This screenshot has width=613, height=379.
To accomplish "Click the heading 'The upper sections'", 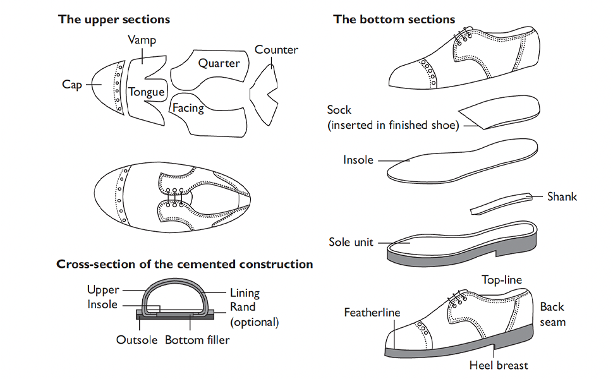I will (114, 19).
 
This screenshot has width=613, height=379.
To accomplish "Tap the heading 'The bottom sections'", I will (394, 19).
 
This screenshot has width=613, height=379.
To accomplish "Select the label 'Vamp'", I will (142, 40).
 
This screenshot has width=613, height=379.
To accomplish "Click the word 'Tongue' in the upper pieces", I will (147, 92).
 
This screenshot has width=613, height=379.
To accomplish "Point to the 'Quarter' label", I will (219, 63).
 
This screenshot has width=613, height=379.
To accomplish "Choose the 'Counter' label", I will (276, 50).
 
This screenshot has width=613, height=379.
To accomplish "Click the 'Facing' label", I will (188, 108).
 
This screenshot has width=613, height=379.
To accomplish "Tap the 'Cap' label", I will (72, 85).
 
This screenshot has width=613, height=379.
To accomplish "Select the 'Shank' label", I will (562, 196).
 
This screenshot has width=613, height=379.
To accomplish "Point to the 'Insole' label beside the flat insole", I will (358, 160).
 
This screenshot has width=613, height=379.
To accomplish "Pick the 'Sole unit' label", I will (351, 242).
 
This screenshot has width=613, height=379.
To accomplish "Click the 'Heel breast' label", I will (499, 365).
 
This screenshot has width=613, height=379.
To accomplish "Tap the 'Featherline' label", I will (372, 313).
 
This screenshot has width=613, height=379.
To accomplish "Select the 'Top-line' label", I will (502, 280).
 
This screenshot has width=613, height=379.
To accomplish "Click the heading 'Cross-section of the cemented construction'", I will (185, 264).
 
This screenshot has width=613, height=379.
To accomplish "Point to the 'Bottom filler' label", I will (197, 340).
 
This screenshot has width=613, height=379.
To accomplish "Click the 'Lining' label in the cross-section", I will (245, 293).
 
